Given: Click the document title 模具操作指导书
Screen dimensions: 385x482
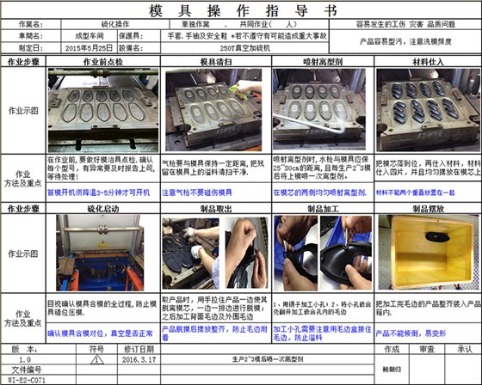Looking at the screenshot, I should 241,10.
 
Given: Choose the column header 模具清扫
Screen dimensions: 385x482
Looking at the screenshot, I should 215,63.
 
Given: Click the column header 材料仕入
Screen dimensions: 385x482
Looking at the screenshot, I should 427,63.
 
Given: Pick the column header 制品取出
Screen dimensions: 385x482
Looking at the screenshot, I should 215,208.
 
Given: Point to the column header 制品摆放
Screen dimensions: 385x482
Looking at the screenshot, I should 427,208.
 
